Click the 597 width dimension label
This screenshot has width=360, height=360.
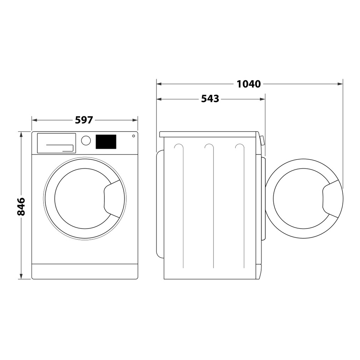click(84, 120)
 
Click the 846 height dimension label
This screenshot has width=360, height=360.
click(21, 206)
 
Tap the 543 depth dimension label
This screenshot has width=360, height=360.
click(210, 99)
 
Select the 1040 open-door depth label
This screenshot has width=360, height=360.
click(249, 84)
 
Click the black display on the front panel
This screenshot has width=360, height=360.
click(106, 141)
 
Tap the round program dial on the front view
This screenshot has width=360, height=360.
click(86, 140)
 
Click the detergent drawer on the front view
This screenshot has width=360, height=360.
click(56, 143)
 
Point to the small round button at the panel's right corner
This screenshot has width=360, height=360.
click(134, 136)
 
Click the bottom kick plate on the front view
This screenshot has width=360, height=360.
click(84, 271)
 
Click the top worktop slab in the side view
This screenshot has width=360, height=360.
click(209, 134)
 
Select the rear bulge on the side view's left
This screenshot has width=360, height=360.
click(160, 204)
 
